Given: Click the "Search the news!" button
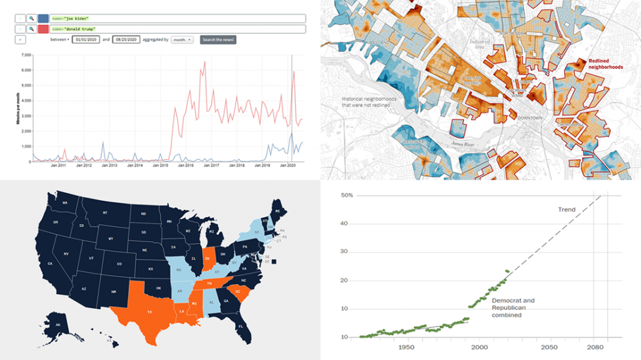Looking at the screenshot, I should coord(218,39).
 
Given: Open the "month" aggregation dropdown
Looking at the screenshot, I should coord(182,39).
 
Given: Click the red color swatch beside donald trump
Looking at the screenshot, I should coord(43,29).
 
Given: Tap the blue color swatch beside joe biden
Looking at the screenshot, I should coord(43,18).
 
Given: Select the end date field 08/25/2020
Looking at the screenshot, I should coord(124,39).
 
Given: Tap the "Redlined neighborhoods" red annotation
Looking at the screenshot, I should coord(606,64).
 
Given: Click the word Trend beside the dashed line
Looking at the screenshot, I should coord(568,210).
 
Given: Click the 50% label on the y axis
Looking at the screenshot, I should coord(347,196).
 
